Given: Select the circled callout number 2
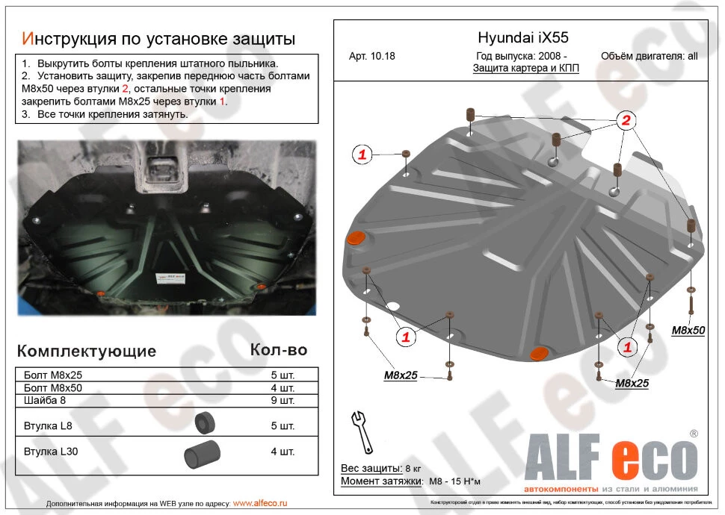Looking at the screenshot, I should click(626, 121).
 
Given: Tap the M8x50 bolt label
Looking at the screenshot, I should click(688, 329).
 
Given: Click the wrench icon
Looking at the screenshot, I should click(362, 431).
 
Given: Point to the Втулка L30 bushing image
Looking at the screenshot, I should click(202, 452).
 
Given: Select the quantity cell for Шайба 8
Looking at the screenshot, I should click(283, 401).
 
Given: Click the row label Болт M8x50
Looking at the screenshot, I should click(53, 388).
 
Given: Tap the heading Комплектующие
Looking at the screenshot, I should click(87, 351).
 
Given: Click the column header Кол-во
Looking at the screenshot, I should click(278, 349).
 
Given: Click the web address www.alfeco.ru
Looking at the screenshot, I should click(260, 504).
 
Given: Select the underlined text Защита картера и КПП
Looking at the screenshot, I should click(525, 68).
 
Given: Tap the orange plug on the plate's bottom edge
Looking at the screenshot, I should click(538, 352).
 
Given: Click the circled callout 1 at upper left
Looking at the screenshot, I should click(362, 154).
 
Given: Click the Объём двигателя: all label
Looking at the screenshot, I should click(649, 56).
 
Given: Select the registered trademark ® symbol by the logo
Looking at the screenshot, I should click(693, 434).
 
